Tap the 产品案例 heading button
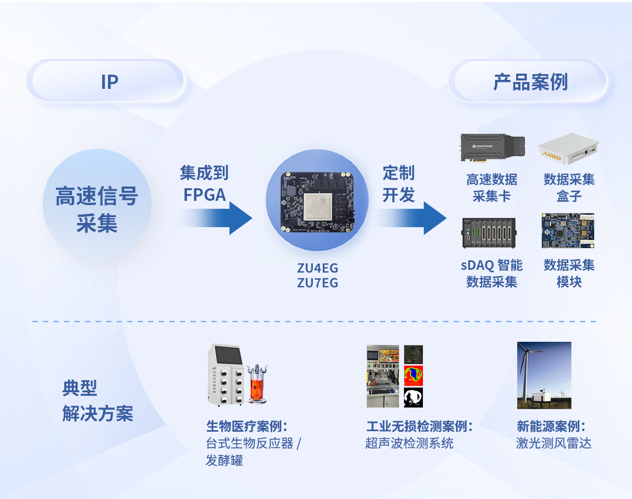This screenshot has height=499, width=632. click(529, 82)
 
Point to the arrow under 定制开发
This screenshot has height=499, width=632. click(411, 217)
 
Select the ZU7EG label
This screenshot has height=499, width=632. click(317, 283)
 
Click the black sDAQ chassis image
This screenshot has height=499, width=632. click(489, 232)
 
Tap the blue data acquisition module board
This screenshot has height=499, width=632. click(568, 230)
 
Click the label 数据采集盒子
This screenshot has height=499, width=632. click(569, 188)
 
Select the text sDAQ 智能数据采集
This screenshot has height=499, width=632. click(492, 273)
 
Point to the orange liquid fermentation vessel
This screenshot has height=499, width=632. click(256, 385)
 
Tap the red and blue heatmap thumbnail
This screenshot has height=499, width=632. click(413, 375)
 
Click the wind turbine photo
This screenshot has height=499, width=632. click(544, 375)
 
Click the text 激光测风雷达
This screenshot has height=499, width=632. click(554, 443)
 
